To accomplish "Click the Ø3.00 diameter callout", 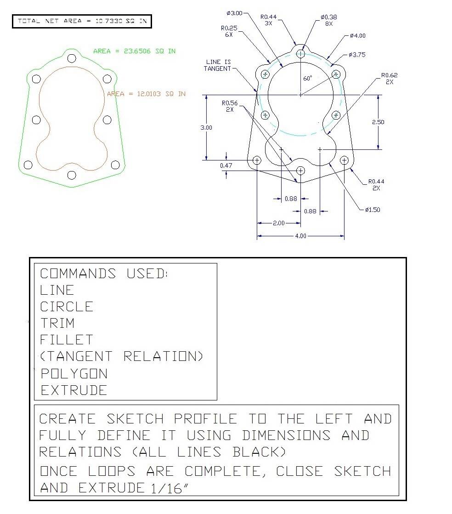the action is click(x=234, y=13).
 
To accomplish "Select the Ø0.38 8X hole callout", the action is click(x=329, y=20).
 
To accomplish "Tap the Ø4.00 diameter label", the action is click(x=358, y=36).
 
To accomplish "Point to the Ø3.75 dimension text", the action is click(x=357, y=55).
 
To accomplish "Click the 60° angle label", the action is click(x=308, y=78).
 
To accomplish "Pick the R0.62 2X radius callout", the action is click(x=389, y=78).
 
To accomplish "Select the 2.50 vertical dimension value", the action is click(x=378, y=122).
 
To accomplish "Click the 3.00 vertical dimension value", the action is click(x=206, y=127).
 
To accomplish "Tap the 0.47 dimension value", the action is click(x=226, y=166).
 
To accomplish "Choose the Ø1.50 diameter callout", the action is click(x=373, y=210).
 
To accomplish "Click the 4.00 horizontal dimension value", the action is click(x=301, y=236).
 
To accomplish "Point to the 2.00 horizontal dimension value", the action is click(x=279, y=223).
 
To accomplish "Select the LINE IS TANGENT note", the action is click(x=218, y=65).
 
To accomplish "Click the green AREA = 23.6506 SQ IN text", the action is click(x=134, y=51).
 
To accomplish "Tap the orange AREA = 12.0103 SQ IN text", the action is click(x=147, y=94).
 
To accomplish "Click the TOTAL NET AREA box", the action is click(x=82, y=21).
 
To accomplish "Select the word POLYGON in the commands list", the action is click(x=74, y=374).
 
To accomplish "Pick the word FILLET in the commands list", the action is click(x=67, y=340).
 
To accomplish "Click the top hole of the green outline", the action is click(x=72, y=59).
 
